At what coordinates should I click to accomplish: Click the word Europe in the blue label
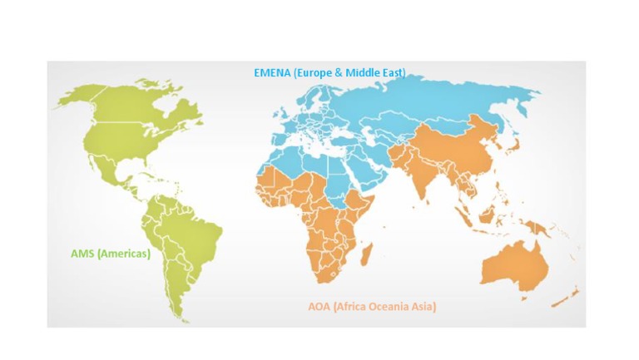[319, 72]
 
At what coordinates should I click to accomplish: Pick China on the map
[466, 141]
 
